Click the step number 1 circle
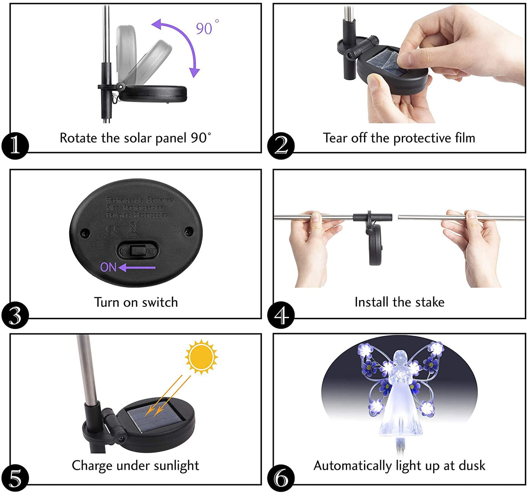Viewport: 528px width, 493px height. (x=15, y=146)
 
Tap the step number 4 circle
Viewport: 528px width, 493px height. (x=280, y=315)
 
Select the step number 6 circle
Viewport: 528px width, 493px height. (x=280, y=478)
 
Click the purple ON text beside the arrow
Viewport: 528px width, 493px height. (x=108, y=268)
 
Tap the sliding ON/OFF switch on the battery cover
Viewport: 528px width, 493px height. (x=137, y=251)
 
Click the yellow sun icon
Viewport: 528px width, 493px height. (x=201, y=357)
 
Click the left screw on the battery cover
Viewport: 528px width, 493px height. (x=85, y=233)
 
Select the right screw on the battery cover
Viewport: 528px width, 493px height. (x=189, y=231)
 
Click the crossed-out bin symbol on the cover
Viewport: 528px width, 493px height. (x=132, y=230)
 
